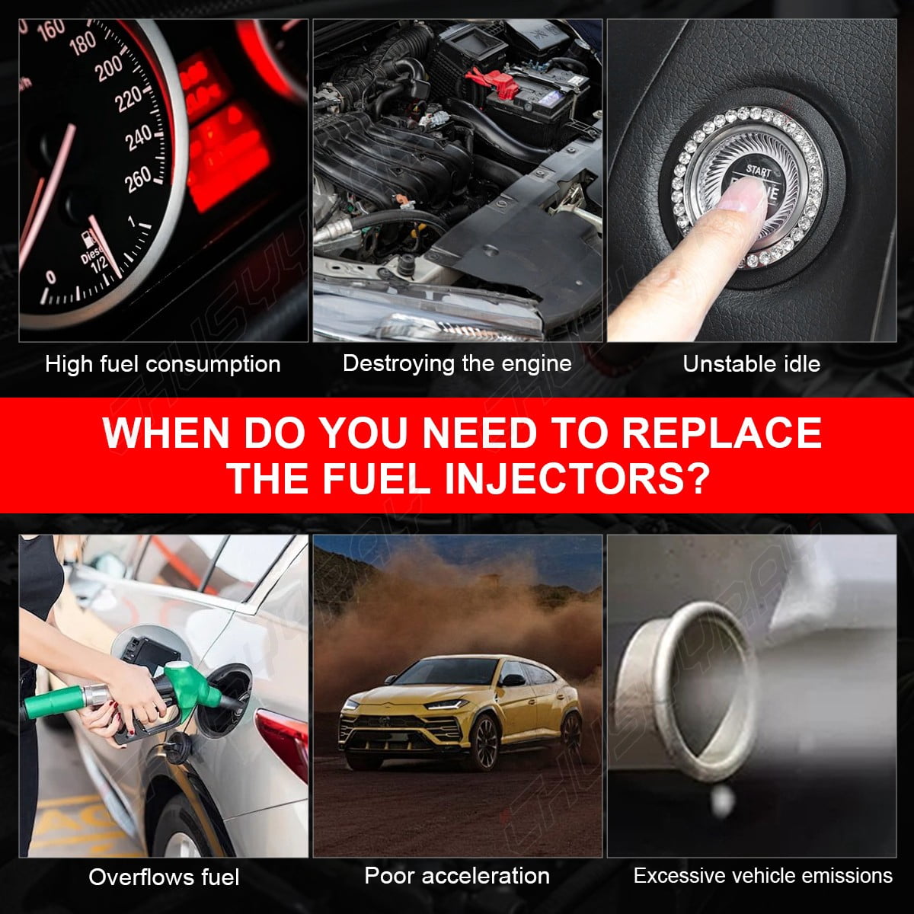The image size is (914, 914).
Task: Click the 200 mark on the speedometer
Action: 109,69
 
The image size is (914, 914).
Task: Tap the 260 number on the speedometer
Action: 138,180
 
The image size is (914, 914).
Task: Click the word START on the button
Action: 759,171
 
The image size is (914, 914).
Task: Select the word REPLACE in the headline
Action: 721,432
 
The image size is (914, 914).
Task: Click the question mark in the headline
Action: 698,478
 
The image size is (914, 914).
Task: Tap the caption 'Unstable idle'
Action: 751,364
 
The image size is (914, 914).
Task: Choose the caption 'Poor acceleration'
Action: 457,876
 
